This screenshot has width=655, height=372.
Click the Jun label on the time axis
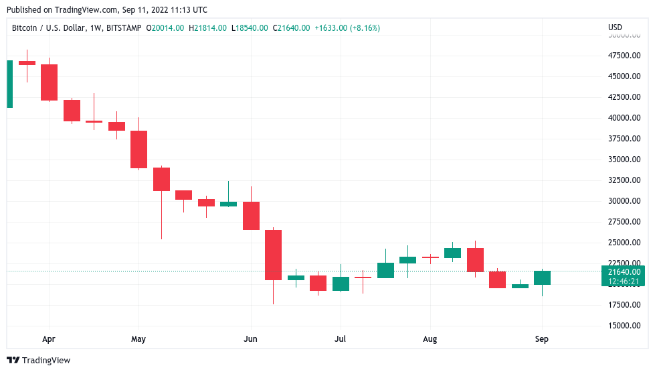coord(250,339)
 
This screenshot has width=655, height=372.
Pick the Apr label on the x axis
coord(48,339)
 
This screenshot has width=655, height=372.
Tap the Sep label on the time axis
coord(542,339)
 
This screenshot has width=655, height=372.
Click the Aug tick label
coord(430,339)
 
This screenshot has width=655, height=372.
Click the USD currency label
coord(615,27)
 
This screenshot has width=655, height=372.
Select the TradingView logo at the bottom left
coord(39,361)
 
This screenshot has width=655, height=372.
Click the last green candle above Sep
coord(542,277)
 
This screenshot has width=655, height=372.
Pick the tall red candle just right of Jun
coord(273,255)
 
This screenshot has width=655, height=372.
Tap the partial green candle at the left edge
coord(9,84)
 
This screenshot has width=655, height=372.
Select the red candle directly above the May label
coord(138,149)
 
